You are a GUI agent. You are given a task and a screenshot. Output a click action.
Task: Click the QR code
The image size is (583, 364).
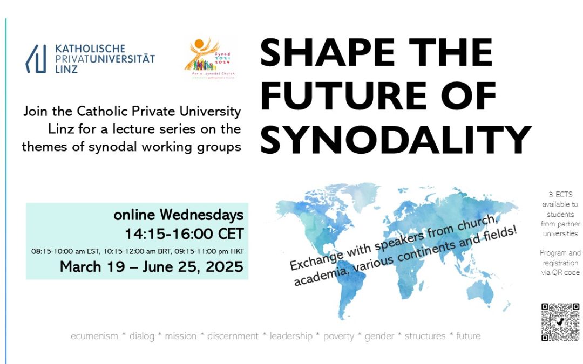coord(560,322)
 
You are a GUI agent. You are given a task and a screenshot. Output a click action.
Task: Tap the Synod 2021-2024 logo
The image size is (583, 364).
coord(210,59)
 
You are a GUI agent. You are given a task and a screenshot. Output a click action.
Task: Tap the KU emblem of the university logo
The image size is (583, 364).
coord(36,59)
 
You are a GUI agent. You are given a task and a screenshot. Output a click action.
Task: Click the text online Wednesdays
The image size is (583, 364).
coord(178,215)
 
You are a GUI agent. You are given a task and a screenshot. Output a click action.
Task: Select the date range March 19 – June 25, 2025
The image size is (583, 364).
coord(151,266)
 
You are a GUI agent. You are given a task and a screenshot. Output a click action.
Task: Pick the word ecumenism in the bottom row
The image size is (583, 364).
coord(94,336)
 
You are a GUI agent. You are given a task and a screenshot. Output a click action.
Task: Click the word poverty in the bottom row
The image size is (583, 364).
coord(338,336)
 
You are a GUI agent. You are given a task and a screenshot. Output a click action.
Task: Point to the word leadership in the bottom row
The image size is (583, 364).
coord(291,336)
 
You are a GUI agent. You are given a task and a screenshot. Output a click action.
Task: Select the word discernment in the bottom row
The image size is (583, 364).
coord(233,336)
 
